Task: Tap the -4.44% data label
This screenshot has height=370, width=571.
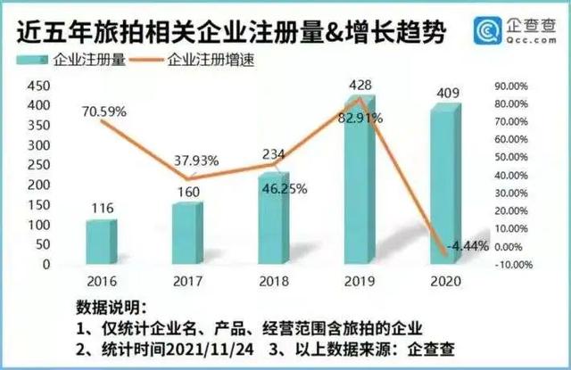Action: [x=467, y=246]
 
